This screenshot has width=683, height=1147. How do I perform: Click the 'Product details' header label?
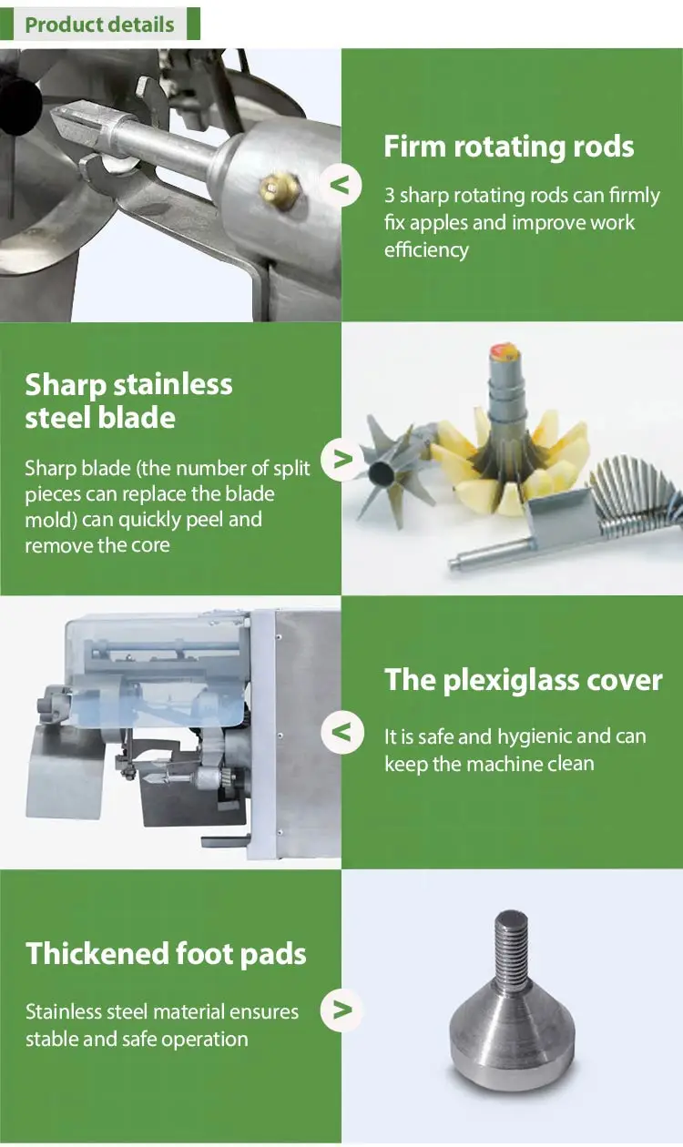(x=99, y=25)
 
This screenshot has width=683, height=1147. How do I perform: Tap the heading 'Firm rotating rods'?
(x=509, y=147)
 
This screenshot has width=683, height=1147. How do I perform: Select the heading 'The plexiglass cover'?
(x=523, y=681)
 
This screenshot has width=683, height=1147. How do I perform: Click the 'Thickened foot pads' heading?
(x=166, y=954)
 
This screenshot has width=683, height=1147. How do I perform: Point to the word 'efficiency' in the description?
(x=426, y=249)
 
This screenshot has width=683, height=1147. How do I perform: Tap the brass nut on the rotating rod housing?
(x=280, y=190)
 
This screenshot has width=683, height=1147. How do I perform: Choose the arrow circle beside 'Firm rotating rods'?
(x=341, y=186)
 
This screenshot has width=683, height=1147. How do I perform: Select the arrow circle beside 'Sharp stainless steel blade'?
(x=341, y=460)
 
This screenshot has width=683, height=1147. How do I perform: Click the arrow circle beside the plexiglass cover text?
(x=342, y=732)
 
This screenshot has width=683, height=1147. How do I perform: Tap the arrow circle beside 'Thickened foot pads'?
(x=341, y=1010)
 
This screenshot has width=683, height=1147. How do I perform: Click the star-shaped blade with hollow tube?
(x=392, y=469)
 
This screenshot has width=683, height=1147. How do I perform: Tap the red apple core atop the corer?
(x=504, y=351)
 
